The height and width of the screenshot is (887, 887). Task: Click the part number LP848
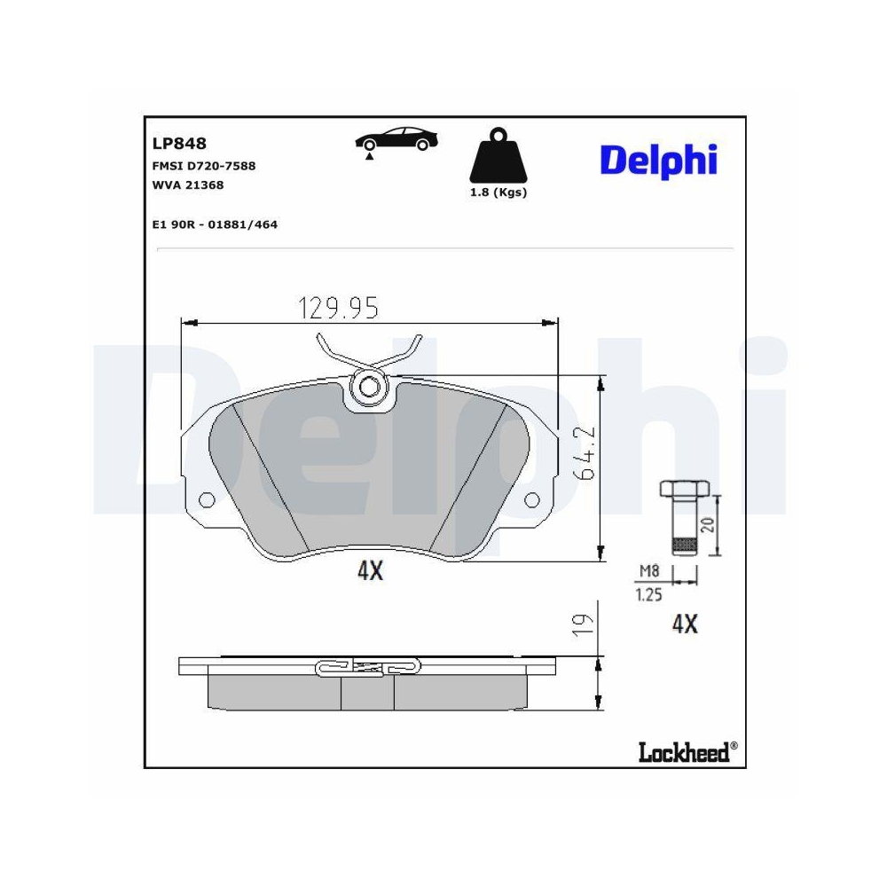pos(179,144)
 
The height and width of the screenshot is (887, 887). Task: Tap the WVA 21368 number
pos(188,185)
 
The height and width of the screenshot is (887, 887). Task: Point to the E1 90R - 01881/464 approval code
pos(215,225)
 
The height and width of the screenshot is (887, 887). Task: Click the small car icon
pos(396,140)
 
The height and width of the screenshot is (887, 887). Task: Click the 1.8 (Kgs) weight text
pos(498,192)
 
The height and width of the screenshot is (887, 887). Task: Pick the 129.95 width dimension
pos(338,308)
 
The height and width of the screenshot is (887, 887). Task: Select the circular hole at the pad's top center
pos(369,387)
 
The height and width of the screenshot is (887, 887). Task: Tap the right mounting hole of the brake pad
pos(534,498)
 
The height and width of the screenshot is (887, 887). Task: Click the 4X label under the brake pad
pos(369,572)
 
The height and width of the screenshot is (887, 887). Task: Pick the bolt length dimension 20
pos(707,523)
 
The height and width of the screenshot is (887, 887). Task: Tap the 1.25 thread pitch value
pos(649,596)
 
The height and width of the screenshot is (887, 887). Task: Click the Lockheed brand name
pos(683,753)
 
